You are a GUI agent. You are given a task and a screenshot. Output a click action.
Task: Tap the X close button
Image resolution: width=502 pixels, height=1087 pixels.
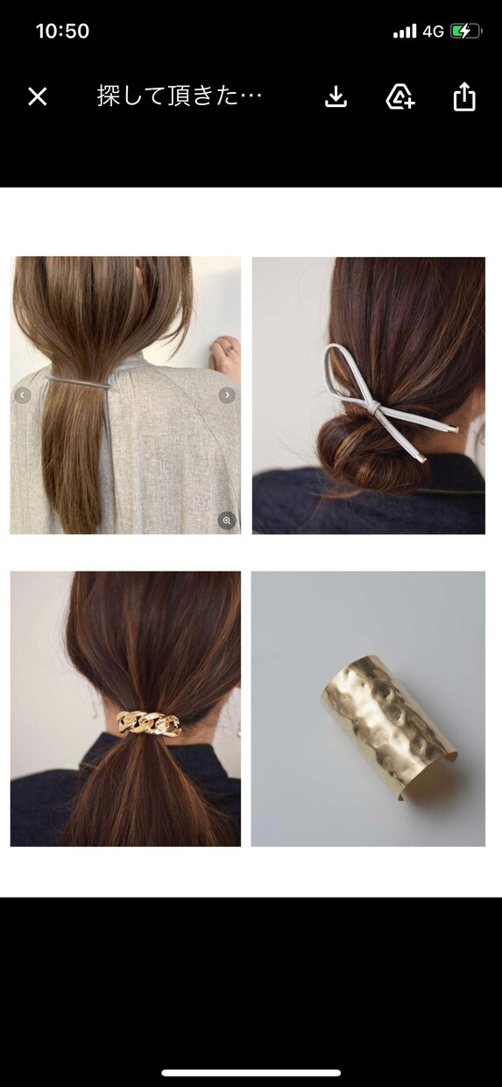(38, 96)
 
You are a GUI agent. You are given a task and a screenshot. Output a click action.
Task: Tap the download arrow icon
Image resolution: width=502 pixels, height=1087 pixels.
(336, 96)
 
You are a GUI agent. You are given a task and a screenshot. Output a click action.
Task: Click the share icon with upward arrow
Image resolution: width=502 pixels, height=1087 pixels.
(464, 96)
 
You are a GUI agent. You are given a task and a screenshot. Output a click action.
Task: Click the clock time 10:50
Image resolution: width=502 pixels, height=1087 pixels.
(62, 31)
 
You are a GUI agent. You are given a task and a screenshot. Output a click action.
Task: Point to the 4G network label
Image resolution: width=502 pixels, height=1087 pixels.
(433, 32)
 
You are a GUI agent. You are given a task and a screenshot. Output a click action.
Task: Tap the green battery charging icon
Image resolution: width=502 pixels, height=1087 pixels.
(465, 32)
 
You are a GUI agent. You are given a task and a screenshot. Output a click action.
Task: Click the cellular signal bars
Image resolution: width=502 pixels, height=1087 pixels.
(405, 32)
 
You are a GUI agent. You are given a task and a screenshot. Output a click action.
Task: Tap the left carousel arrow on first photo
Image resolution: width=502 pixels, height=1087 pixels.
(22, 395)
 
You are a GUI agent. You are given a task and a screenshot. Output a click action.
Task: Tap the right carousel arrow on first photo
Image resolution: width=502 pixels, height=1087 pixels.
(227, 395)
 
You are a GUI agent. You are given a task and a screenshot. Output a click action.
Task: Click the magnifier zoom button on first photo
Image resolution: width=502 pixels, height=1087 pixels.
(227, 521)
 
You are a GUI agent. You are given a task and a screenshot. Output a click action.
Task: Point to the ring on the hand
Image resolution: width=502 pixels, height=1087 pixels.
(231, 348)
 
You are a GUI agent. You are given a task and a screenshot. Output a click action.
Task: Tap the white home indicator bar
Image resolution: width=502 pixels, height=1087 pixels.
(251, 1073)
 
